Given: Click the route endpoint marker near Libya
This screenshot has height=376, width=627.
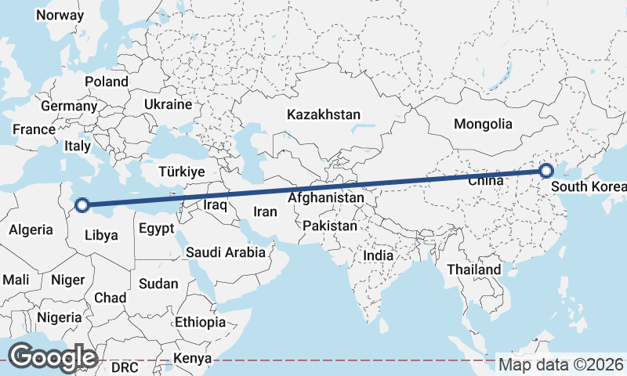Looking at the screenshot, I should (x=82, y=207).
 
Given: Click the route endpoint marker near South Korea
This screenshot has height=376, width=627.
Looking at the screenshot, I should (x=546, y=171).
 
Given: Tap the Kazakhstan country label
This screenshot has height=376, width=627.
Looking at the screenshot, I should (x=324, y=114).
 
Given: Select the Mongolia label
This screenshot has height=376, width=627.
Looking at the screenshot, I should (x=483, y=124).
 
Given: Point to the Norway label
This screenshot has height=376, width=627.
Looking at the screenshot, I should (x=60, y=15).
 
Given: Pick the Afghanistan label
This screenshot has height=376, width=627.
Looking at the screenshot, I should (x=325, y=198).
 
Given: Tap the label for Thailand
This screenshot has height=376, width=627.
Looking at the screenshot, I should (x=473, y=269).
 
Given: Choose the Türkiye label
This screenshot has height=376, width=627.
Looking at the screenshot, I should (x=181, y=172).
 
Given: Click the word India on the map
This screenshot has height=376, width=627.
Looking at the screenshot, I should (x=379, y=255).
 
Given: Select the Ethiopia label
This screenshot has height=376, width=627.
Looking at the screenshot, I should (x=201, y=322).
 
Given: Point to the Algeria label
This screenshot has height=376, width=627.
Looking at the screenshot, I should (x=31, y=230).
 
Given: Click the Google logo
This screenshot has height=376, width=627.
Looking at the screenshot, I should (x=53, y=357).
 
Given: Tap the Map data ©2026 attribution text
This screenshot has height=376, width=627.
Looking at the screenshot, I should (x=561, y=364).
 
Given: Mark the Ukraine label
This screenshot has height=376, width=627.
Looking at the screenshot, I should (x=168, y=104).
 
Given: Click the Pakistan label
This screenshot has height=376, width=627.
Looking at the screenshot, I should (x=329, y=226).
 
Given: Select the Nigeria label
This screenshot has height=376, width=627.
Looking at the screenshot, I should (x=59, y=317).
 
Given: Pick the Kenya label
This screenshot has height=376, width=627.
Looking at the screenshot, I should (x=193, y=358).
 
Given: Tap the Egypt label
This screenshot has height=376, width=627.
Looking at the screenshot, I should (x=156, y=230).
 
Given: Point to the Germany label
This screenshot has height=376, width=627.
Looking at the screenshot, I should (x=69, y=106).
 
